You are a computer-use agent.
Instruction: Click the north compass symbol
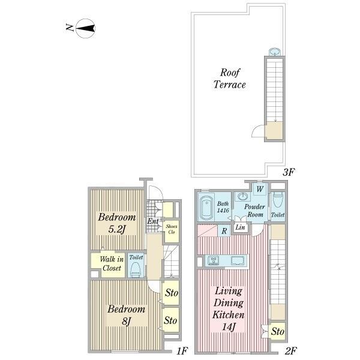coord(85,28)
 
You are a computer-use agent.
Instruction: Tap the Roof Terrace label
coord(230,79)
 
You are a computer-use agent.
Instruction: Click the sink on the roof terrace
coord(275,52)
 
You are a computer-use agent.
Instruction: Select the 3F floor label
coord(289,172)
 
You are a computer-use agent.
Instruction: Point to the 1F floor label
coord(182,350)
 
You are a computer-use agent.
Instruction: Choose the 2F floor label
coord(291,350)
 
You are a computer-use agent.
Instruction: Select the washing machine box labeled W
coord(260,189)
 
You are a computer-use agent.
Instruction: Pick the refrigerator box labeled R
coord(224,231)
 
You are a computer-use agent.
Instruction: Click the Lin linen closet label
coord(241,227)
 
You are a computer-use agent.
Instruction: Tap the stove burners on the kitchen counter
coord(214,260)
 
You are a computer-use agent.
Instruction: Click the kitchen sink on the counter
coord(238,260)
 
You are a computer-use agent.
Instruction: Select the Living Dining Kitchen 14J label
coord(229,308)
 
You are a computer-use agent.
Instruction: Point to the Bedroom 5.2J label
coord(117,223)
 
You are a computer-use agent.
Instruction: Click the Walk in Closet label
coord(112,263)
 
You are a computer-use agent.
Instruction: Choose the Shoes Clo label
coord(172,229)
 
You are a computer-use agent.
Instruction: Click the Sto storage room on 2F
coord(278,331)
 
